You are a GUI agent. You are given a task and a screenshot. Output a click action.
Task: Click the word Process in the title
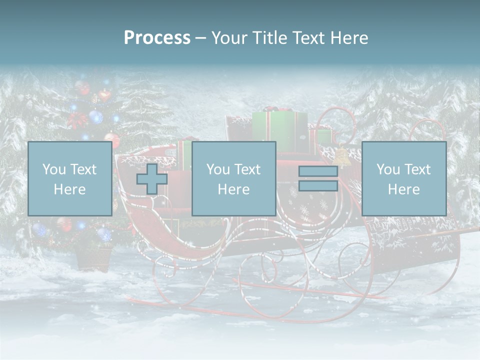coord(157,38)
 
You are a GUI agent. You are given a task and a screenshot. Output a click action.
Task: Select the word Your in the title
coord(228,38)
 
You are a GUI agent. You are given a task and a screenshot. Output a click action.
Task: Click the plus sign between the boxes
coord(152,179)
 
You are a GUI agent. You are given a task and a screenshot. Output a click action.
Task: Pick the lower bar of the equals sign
coord(318,185)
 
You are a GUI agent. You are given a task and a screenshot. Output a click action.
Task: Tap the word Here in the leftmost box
coord(69,189)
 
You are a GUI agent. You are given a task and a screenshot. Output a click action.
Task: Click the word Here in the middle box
coord(233,189)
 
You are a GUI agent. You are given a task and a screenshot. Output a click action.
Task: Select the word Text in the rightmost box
coord(417,169)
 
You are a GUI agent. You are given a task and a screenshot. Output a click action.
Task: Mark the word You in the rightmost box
coord(388,169)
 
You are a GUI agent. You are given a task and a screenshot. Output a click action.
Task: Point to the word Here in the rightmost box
coord(403,189)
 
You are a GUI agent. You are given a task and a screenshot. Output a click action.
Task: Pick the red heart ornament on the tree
coord(104,95)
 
